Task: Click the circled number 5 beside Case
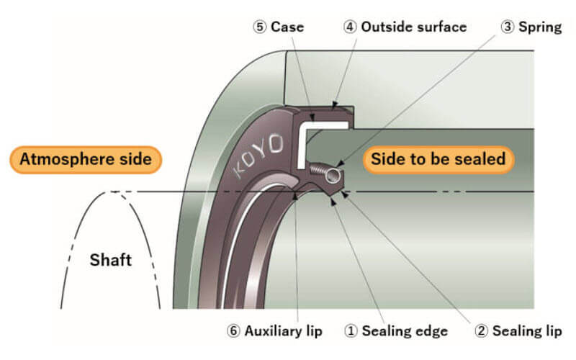[259, 27]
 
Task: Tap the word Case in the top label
[287, 27]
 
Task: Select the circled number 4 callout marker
[350, 27]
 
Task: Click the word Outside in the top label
[386, 27]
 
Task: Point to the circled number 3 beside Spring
[508, 27]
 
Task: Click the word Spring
[540, 27]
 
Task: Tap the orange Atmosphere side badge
[86, 159]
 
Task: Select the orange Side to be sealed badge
[438, 159]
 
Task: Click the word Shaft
[111, 260]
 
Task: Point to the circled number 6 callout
[233, 331]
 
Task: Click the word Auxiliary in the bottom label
[273, 331]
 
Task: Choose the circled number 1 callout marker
[351, 331]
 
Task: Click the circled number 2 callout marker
[481, 331]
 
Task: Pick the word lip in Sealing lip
[554, 332]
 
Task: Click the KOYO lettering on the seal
[259, 155]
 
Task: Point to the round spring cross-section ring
[333, 176]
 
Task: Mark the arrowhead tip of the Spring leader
[337, 166]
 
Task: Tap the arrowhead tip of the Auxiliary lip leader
[294, 194]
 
